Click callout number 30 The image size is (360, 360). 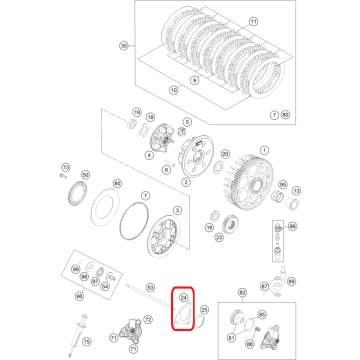pos(123,45)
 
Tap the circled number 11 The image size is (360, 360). pos(252,20)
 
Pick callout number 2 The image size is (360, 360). pos(184,183)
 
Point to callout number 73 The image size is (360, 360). pos(65,167)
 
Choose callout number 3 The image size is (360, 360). pos(177,209)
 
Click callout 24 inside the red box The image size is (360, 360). pos(183,298)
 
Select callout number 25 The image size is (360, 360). pos(204,311)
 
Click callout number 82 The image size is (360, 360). pos(240,293)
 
